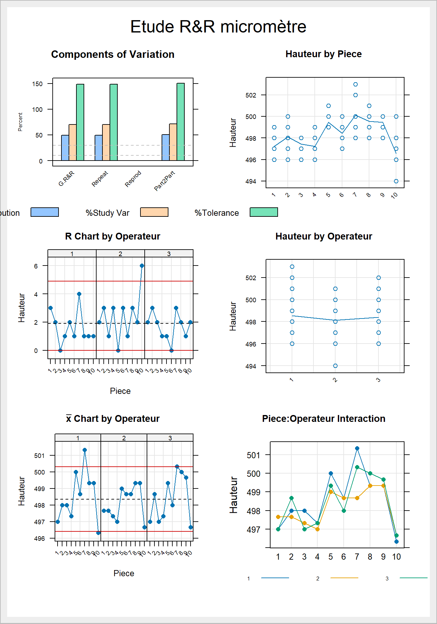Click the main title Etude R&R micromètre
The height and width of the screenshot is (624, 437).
pos(218,27)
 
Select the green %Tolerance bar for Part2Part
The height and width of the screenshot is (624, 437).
pos(180,122)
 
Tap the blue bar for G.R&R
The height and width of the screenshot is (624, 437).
pos(65,148)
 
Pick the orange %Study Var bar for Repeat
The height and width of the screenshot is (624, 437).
pos(106,142)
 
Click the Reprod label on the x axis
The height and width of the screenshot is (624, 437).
pos(133,179)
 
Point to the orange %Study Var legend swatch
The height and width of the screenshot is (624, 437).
pos(154,212)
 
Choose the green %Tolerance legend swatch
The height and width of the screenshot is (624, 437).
pos(264,212)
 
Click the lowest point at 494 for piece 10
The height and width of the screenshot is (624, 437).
pos(396,181)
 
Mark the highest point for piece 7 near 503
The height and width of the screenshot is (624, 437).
pos(355,84)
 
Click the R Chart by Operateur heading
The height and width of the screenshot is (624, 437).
pos(113,236)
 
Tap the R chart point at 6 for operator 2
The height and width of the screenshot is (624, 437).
pos(142,266)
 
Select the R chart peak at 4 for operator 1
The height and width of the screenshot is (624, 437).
pos(79,294)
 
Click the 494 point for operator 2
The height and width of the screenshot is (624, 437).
pos(335,366)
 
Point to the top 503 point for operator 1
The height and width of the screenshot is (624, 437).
pos(292,266)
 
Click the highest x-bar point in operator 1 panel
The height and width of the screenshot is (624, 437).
pos(85,450)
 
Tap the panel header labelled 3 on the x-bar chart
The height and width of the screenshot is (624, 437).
pos(170,438)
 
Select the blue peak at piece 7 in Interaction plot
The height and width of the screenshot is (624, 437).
pos(357,448)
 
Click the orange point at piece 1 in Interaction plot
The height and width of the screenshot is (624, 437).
pos(278,517)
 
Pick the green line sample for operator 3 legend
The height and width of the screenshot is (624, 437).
pos(413,578)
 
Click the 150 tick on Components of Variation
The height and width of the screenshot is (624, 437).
pos(37,84)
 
